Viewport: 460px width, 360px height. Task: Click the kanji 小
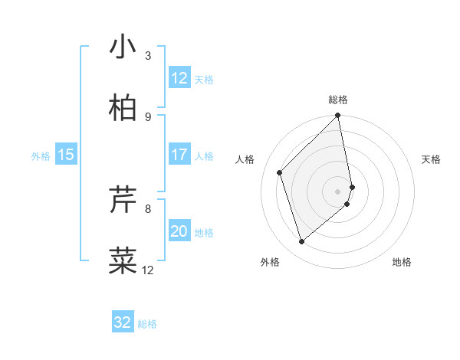pyautogui.click(x=123, y=47)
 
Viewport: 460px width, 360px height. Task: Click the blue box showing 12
pyautogui.click(x=179, y=78)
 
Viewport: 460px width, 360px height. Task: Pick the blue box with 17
pyautogui.click(x=179, y=155)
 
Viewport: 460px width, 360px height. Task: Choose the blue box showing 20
pyautogui.click(x=179, y=231)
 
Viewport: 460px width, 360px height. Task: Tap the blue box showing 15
pyautogui.click(x=66, y=155)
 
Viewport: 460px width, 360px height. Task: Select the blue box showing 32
pyautogui.click(x=123, y=322)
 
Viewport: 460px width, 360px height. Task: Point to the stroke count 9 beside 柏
pyautogui.click(x=148, y=116)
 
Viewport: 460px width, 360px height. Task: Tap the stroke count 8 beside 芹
pyautogui.click(x=148, y=208)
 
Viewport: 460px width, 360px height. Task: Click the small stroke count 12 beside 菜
pyautogui.click(x=148, y=270)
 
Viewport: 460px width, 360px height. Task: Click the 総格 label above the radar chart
pyautogui.click(x=338, y=100)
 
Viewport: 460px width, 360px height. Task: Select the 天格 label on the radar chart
pyautogui.click(x=432, y=159)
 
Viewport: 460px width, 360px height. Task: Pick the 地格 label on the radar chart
pyautogui.click(x=402, y=262)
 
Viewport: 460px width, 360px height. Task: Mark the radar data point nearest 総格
pyautogui.click(x=338, y=116)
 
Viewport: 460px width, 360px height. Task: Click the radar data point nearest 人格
pyautogui.click(x=280, y=172)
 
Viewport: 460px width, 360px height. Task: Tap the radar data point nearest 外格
pyautogui.click(x=301, y=241)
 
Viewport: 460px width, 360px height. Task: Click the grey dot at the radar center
pyautogui.click(x=338, y=191)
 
